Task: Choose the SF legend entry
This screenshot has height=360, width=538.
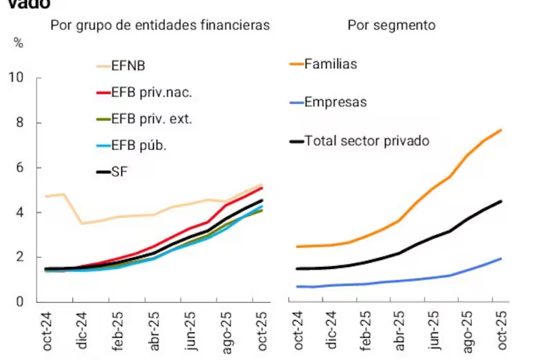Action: pyautogui.click(x=119, y=171)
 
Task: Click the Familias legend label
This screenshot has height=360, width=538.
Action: pyautogui.click(x=330, y=64)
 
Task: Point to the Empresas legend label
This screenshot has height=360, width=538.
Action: pyautogui.click(x=335, y=103)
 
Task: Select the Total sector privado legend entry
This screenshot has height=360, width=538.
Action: pyautogui.click(x=366, y=141)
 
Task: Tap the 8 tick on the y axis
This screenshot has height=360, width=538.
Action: pyautogui.click(x=20, y=123)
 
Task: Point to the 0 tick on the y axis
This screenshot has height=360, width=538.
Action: pyautogui.click(x=20, y=302)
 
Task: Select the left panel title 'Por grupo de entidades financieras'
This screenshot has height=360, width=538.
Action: pyautogui.click(x=159, y=26)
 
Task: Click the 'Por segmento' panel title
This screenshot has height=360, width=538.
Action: pyautogui.click(x=391, y=26)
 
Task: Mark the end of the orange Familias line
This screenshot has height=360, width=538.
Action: pyautogui.click(x=501, y=130)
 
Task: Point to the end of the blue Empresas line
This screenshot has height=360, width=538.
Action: pyautogui.click(x=501, y=259)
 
